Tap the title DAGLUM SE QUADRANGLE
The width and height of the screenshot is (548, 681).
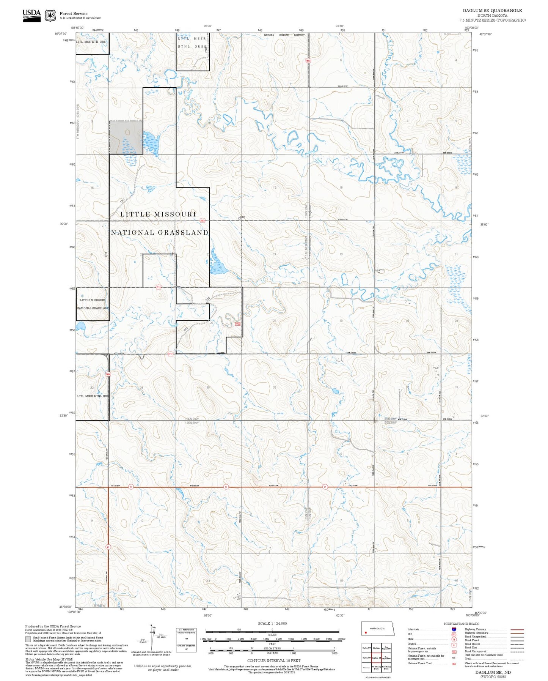click(492, 11)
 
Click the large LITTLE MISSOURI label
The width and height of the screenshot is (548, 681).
click(158, 214)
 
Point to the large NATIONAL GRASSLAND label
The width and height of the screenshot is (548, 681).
click(160, 232)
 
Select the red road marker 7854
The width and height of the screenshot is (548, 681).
click(203, 220)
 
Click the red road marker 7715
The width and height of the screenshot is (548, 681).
click(159, 287)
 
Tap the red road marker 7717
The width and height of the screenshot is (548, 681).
click(171, 354)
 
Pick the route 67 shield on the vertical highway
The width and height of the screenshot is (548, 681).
click(108, 547)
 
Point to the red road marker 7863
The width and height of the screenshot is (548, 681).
click(308, 60)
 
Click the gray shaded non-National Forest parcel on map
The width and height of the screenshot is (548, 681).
click(126, 137)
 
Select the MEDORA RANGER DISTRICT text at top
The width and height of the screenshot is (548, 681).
click(284, 35)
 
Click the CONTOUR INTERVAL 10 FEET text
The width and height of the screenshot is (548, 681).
click(273, 661)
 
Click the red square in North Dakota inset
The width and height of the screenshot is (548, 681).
click(365, 632)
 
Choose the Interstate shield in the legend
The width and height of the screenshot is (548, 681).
click(454, 629)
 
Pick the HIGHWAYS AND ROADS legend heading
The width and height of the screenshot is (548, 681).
click(461, 624)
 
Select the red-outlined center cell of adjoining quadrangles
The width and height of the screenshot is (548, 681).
click(376, 658)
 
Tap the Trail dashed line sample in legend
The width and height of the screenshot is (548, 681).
click(517, 659)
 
